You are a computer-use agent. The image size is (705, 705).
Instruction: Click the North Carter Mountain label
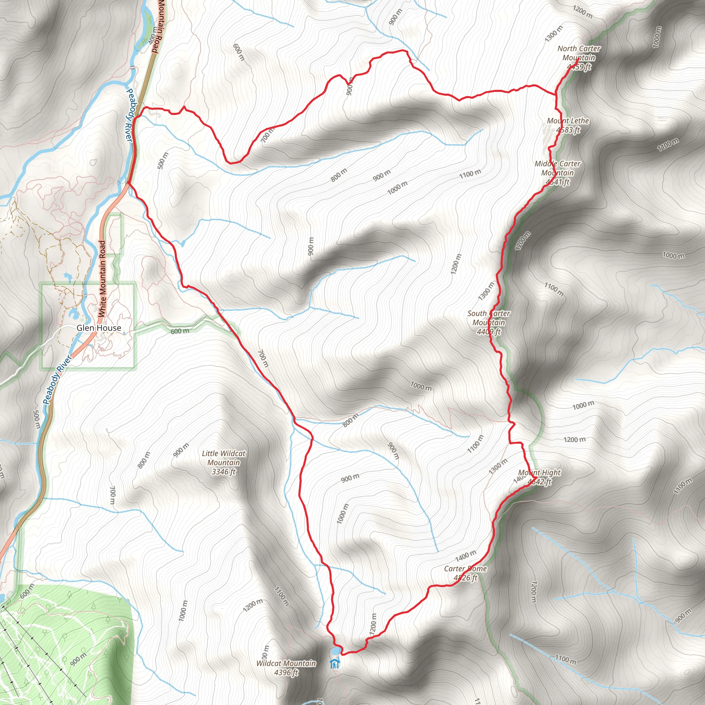[x=579, y=53]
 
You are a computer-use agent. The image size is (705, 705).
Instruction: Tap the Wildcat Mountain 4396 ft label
[x=286, y=667]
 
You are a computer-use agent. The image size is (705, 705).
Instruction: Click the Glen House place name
[x=99, y=328]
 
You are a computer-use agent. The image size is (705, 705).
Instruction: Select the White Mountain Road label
[x=102, y=278]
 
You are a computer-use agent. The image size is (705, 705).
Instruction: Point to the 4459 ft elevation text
[x=579, y=67]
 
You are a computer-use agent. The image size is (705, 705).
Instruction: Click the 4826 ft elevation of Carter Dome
[x=465, y=578]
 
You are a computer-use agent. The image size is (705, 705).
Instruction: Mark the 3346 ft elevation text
[x=224, y=472]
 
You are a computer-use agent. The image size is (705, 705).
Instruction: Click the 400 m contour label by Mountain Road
[x=153, y=35]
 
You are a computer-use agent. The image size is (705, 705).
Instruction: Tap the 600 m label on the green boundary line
[x=180, y=331]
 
